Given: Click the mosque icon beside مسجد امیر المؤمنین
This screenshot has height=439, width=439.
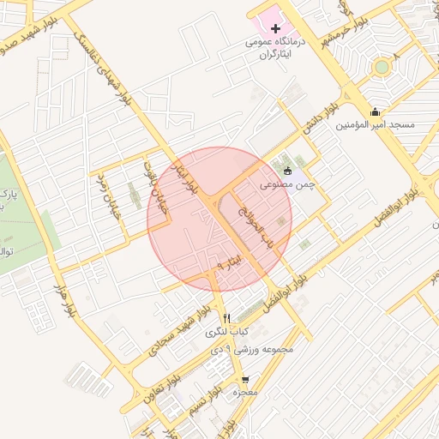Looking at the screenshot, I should coord(375,111).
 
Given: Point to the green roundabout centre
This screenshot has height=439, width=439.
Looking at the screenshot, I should coord(382,66).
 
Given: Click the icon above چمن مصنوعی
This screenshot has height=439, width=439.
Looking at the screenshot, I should coord(287,171).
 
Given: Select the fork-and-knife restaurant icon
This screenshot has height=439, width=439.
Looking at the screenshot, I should coord(227,318).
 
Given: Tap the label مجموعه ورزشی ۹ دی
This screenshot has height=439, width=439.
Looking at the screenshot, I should coord(257,349).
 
